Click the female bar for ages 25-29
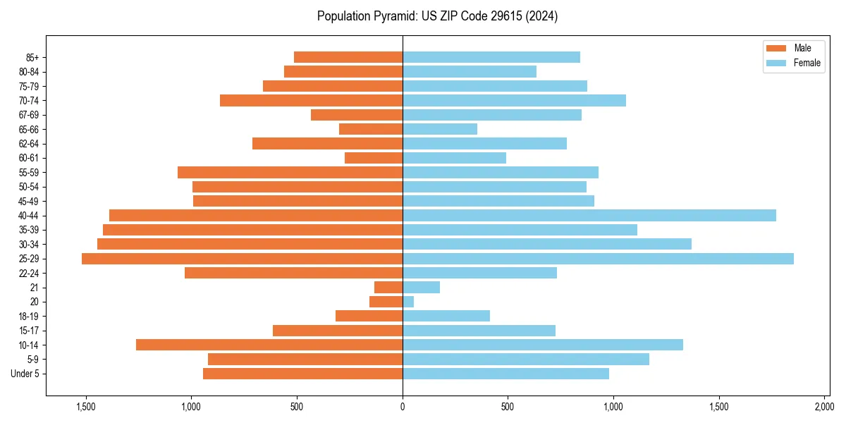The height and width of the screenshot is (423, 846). pyautogui.click(x=598, y=259)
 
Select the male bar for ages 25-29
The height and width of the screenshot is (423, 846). pyautogui.click(x=242, y=259)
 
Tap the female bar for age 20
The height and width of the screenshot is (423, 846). pyautogui.click(x=408, y=302)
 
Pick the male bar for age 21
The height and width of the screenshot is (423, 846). pyautogui.click(x=388, y=288)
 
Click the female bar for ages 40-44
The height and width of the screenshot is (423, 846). pyautogui.click(x=589, y=216)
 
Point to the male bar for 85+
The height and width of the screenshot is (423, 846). pyautogui.click(x=348, y=57)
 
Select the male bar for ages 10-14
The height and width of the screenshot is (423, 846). pyautogui.click(x=269, y=345)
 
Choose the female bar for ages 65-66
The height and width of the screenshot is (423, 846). pyautogui.click(x=440, y=129)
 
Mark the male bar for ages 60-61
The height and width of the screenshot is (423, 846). pyautogui.click(x=374, y=158)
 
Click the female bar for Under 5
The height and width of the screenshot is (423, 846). pyautogui.click(x=505, y=374)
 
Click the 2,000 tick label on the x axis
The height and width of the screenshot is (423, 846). pyautogui.click(x=824, y=407)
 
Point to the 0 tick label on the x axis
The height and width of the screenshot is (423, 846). pyautogui.click(x=403, y=407)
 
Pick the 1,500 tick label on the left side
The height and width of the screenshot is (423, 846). pyautogui.click(x=86, y=407)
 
